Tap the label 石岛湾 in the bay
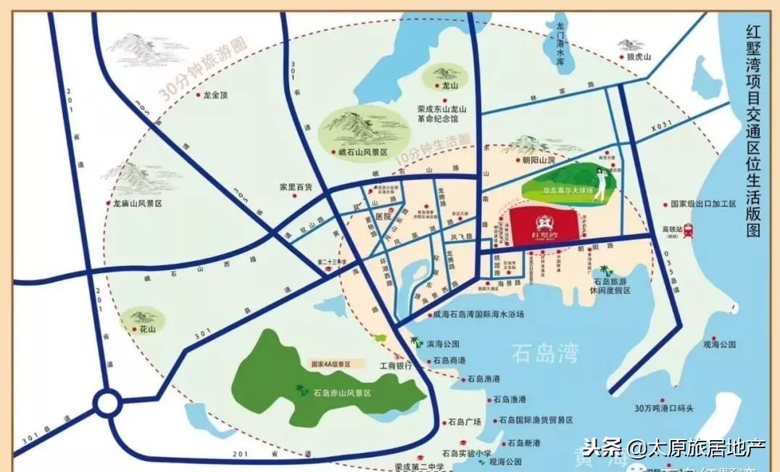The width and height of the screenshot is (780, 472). click(545, 354)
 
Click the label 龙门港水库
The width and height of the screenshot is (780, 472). click(559, 44)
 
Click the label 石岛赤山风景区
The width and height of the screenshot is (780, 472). click(341, 393)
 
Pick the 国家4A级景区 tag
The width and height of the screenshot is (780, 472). click(335, 364)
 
